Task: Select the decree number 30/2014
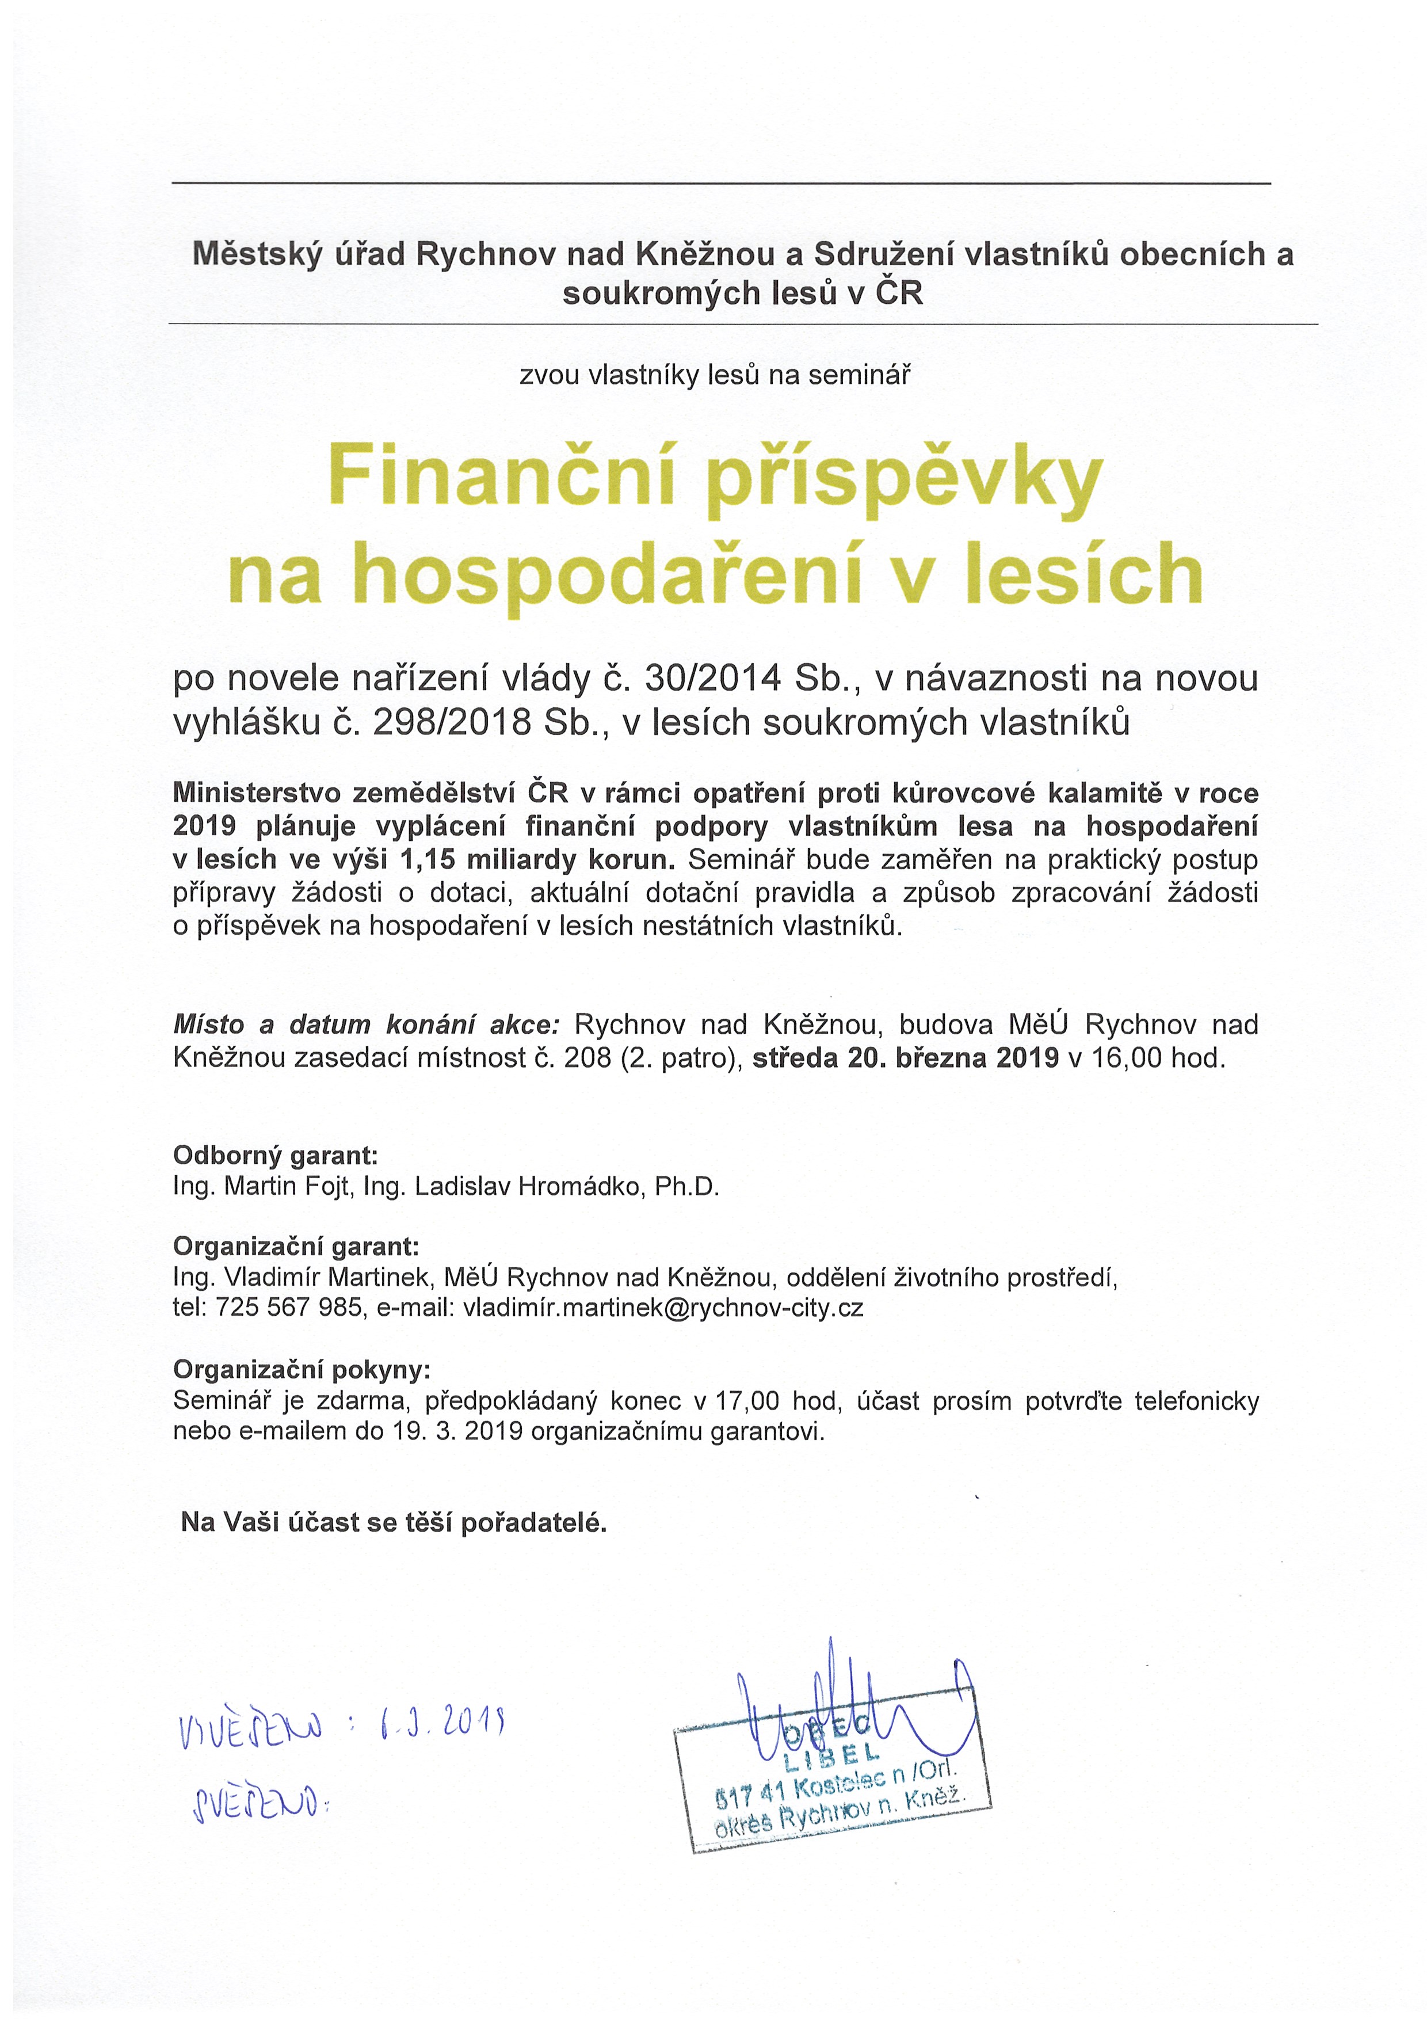[x=713, y=678]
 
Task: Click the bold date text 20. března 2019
[x=953, y=1057]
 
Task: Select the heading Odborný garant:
[x=275, y=1155]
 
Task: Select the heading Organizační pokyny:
[x=302, y=1369]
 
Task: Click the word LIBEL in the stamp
[x=831, y=1754]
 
